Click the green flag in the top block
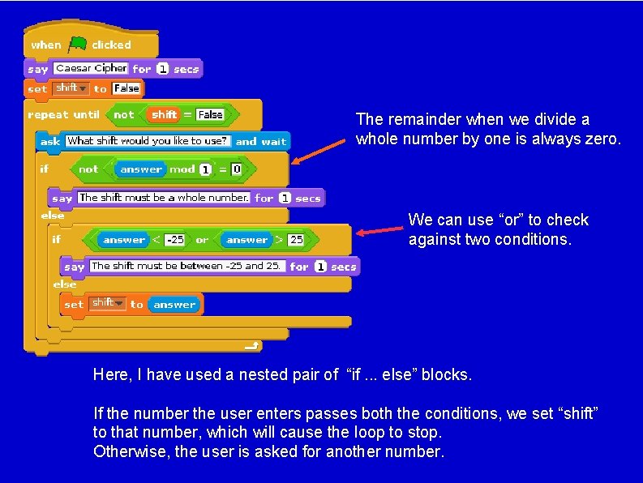(x=77, y=44)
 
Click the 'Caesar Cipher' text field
(x=91, y=69)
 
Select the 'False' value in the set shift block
(x=126, y=88)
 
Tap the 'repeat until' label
(x=63, y=115)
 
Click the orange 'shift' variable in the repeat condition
(x=164, y=115)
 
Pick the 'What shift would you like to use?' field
(x=148, y=141)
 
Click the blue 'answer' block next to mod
(x=140, y=169)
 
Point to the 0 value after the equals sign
(x=236, y=169)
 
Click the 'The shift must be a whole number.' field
(x=164, y=198)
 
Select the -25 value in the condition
(x=174, y=240)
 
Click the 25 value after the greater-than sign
(x=296, y=240)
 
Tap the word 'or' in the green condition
(x=202, y=240)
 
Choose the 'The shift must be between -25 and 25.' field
(x=186, y=266)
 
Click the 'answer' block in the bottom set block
(x=174, y=305)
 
